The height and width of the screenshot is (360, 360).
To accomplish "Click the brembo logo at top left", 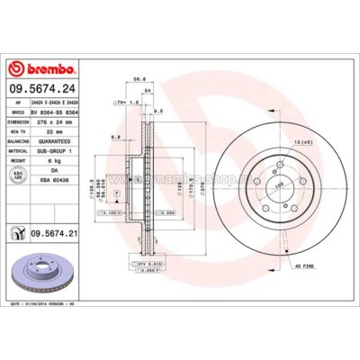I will coord(35,70).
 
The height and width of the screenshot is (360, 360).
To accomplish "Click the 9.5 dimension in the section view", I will coord(158,112).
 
